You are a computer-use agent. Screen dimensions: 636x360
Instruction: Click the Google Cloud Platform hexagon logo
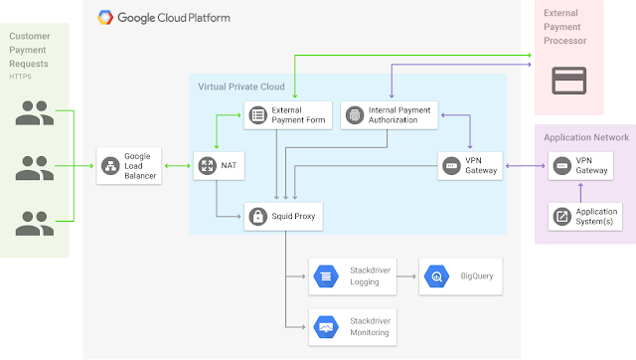(105, 18)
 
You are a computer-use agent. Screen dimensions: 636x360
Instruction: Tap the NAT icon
(208, 166)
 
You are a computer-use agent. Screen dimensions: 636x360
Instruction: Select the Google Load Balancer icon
(110, 166)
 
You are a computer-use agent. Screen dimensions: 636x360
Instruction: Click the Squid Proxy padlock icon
(258, 217)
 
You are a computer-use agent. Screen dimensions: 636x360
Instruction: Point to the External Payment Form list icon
(258, 115)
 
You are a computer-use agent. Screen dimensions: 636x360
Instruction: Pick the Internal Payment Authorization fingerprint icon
(355, 115)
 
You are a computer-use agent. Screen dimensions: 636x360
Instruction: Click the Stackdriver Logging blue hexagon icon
(326, 276)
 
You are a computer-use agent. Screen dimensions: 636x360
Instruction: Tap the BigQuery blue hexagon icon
(436, 276)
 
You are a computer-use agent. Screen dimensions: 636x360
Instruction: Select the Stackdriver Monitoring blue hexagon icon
(326, 327)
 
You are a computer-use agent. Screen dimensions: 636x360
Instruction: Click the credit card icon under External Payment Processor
(569, 81)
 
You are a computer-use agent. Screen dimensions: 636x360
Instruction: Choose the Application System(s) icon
(562, 217)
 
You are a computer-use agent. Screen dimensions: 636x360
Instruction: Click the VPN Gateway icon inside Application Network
(562, 166)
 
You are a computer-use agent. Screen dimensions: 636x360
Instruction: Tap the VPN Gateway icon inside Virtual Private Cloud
(451, 166)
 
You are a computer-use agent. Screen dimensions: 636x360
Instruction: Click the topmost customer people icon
(35, 112)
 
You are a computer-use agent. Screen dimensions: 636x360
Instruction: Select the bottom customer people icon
(35, 223)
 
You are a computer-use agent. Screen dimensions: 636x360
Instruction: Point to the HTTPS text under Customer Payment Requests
(20, 77)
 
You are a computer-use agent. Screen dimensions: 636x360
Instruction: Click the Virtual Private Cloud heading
(241, 87)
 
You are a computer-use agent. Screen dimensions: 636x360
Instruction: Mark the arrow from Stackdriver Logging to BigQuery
(406, 276)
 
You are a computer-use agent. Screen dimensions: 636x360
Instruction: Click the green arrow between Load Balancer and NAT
(177, 166)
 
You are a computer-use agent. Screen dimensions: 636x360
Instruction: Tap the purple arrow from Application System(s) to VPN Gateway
(580, 193)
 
